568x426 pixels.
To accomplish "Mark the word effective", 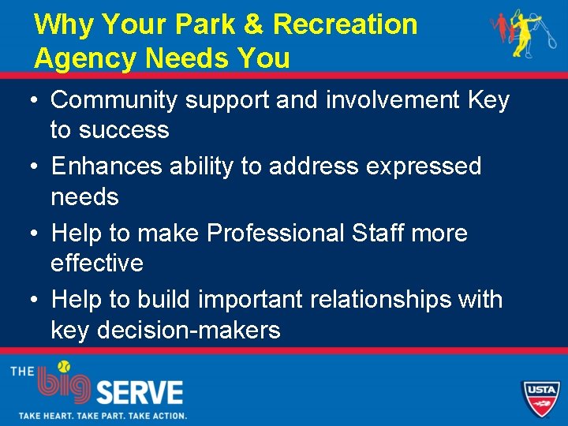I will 97,263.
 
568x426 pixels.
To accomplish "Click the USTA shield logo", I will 541,397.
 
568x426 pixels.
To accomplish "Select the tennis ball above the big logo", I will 63,366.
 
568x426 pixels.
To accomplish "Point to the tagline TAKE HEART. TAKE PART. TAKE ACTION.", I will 103,415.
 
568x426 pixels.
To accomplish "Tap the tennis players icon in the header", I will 516,35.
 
